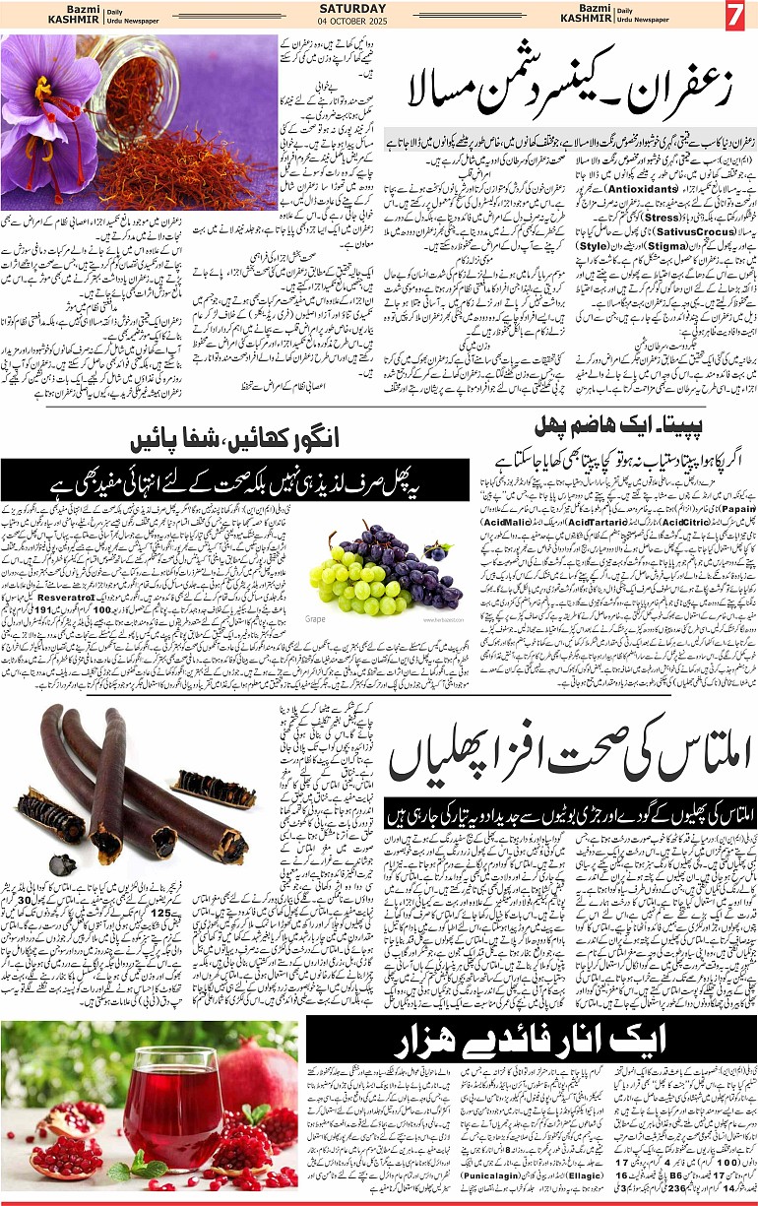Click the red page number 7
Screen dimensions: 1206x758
[736, 17]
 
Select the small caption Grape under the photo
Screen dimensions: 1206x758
[315, 619]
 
